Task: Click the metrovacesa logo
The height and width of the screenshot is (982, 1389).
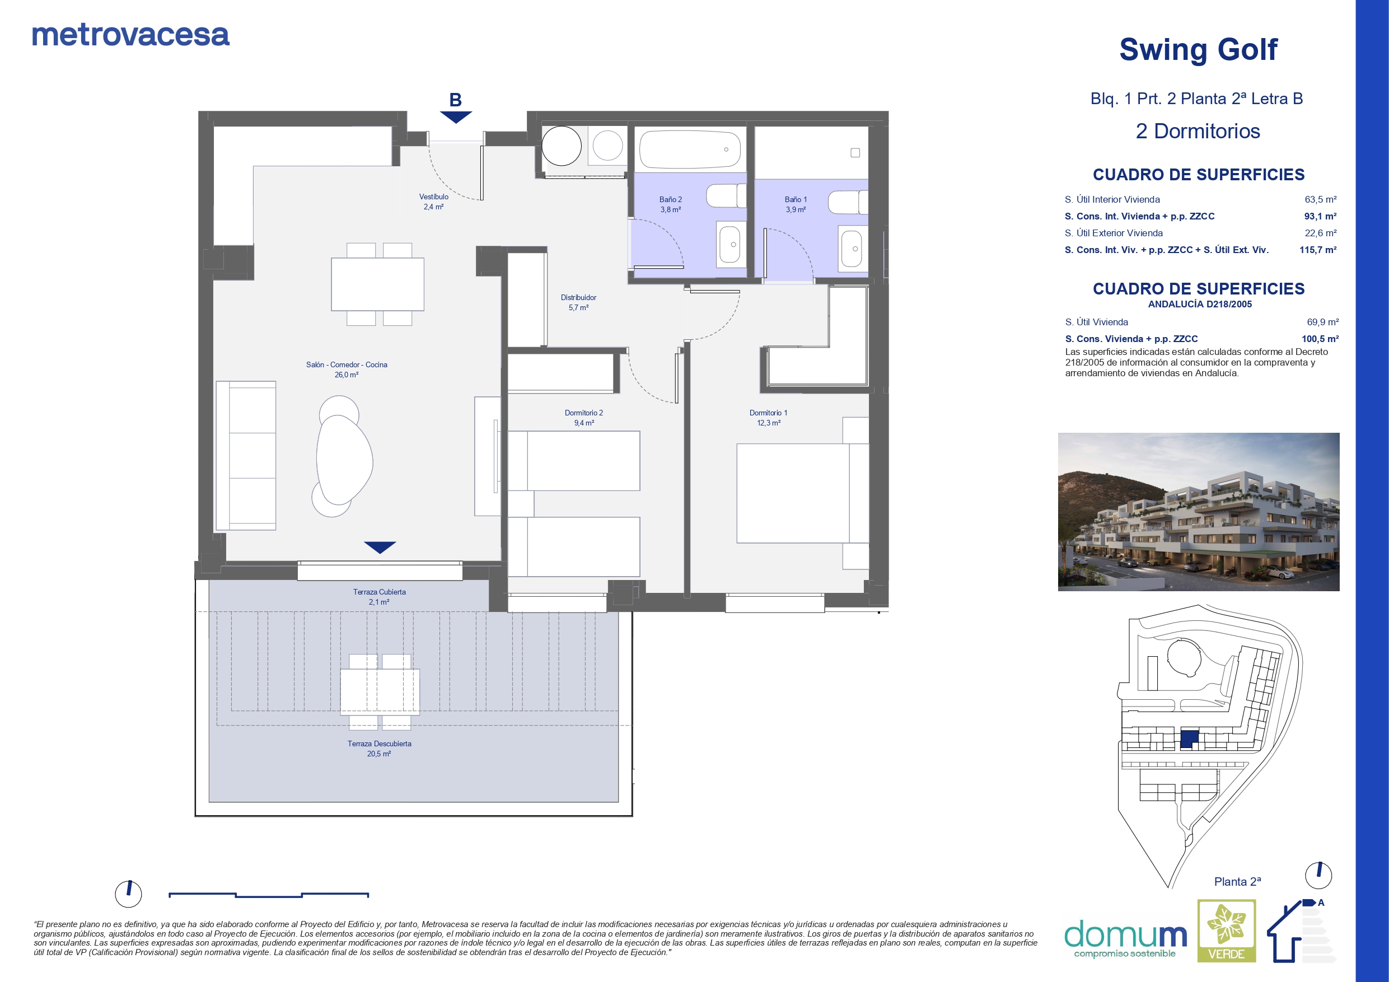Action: pyautogui.click(x=130, y=35)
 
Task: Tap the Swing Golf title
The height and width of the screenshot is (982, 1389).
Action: pyautogui.click(x=1198, y=50)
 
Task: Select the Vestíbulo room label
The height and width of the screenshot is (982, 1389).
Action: pyautogui.click(x=434, y=202)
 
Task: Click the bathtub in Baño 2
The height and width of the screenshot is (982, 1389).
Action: pyautogui.click(x=689, y=149)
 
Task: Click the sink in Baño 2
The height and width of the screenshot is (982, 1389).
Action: pyautogui.click(x=731, y=245)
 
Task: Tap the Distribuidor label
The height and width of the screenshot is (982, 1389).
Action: pyautogui.click(x=578, y=302)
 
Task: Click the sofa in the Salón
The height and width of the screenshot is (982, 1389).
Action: pyautogui.click(x=246, y=456)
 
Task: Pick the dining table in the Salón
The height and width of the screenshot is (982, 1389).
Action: pyautogui.click(x=377, y=284)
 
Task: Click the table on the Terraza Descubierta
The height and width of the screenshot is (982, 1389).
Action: pyautogui.click(x=380, y=691)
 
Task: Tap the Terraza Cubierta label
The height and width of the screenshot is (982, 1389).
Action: pyautogui.click(x=380, y=597)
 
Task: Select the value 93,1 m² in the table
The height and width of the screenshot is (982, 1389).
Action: pyautogui.click(x=1320, y=216)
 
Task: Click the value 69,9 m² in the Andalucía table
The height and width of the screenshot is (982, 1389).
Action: pyautogui.click(x=1322, y=322)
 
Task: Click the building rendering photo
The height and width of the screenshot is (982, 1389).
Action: pyautogui.click(x=1199, y=511)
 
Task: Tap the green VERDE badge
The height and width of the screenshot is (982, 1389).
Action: pyautogui.click(x=1227, y=930)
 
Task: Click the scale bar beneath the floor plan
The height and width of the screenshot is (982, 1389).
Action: pyautogui.click(x=269, y=895)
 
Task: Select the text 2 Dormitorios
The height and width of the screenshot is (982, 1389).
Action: pyautogui.click(x=1198, y=132)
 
